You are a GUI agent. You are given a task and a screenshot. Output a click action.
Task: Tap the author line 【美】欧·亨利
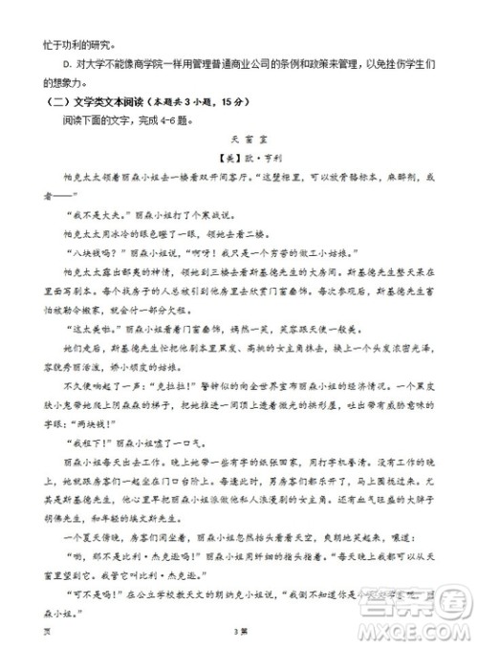(239, 158)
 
